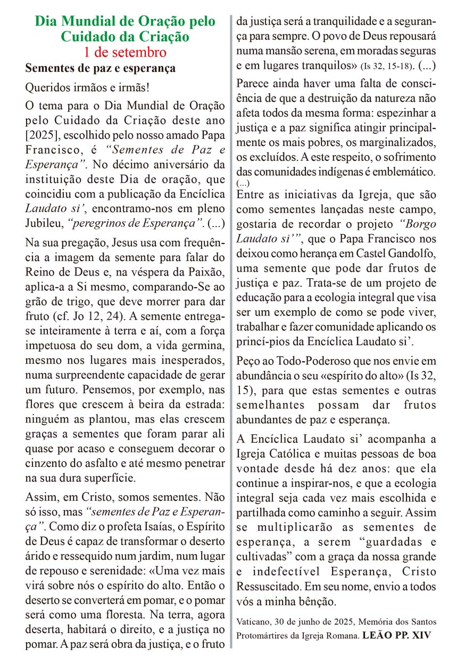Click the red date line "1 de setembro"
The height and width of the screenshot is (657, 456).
(125, 52)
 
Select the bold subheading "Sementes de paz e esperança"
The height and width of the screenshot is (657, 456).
(101, 69)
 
